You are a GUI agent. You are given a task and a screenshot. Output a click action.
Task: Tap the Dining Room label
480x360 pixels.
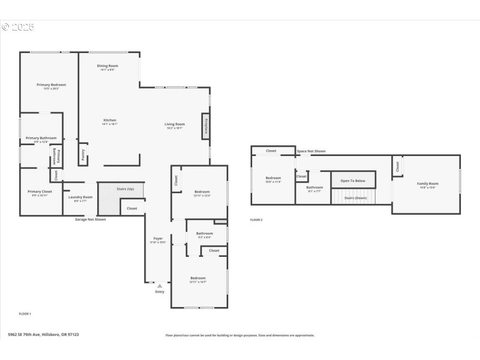(x=107, y=65)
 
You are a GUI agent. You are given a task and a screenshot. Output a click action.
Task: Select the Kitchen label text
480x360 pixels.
(x=110, y=120)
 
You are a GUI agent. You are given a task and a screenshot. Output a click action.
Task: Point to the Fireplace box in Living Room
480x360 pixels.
(x=206, y=127)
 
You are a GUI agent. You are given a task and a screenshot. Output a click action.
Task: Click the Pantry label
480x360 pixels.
(x=83, y=155)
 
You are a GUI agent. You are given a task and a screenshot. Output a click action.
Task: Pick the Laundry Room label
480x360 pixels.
(x=80, y=197)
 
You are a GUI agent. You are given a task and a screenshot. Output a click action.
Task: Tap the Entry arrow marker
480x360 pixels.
(x=160, y=286)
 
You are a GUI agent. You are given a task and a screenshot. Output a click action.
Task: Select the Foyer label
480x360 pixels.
(x=158, y=238)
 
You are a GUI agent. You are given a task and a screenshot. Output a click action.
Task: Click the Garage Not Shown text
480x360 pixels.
(x=90, y=220)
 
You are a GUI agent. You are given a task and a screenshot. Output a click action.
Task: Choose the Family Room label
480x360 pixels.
(x=428, y=184)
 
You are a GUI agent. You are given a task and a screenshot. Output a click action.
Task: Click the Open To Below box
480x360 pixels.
(x=353, y=180)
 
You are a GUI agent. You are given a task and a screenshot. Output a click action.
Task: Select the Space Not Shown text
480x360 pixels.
(x=311, y=151)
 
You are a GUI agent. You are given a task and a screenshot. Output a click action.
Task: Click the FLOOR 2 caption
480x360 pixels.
(x=256, y=220)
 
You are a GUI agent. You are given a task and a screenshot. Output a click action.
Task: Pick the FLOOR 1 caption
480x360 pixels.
(x=25, y=314)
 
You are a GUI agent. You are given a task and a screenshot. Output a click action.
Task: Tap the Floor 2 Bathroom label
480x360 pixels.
(x=314, y=187)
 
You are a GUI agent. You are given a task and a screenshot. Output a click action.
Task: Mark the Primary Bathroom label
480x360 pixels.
(x=41, y=138)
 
